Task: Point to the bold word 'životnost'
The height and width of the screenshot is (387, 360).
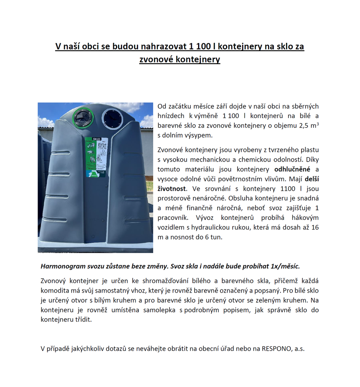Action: point(172,189)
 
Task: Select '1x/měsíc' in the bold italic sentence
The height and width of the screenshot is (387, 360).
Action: point(285,266)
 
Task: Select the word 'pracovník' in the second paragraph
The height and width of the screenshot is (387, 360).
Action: point(174,218)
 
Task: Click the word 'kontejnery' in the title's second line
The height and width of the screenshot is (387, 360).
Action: point(200,60)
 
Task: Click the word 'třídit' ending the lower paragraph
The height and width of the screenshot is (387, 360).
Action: point(83,319)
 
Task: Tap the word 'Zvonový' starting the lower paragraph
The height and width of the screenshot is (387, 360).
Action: point(53,281)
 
